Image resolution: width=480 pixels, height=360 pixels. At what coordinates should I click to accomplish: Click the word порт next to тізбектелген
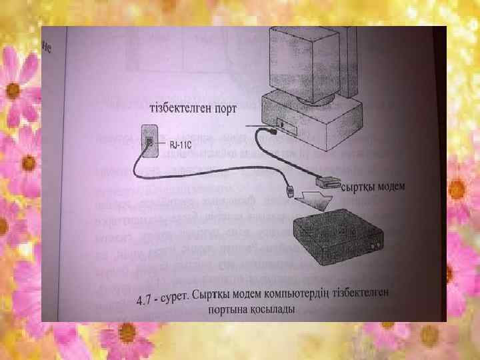[x=223, y=110]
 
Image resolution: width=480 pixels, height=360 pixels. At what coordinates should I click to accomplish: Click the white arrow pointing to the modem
[x=313, y=198]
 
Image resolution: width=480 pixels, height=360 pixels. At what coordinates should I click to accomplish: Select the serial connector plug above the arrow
[x=325, y=181]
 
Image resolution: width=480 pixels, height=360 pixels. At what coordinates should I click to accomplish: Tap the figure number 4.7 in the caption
[x=146, y=301]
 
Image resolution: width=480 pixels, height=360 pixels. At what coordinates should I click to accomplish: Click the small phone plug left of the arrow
[x=290, y=192]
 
